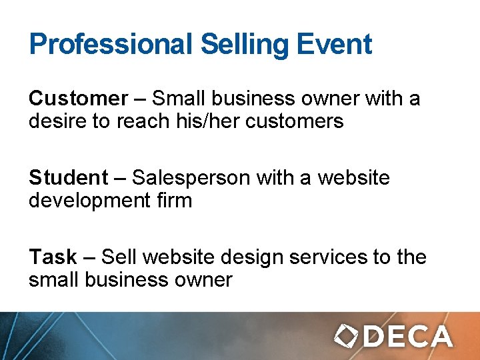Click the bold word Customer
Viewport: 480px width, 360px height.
tap(78, 99)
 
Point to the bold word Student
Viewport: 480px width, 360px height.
tap(68, 178)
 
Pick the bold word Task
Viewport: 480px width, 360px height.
tap(53, 257)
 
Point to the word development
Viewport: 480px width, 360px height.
tap(88, 200)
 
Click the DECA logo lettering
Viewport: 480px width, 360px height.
tap(408, 336)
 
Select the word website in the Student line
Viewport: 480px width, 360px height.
tap(353, 178)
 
